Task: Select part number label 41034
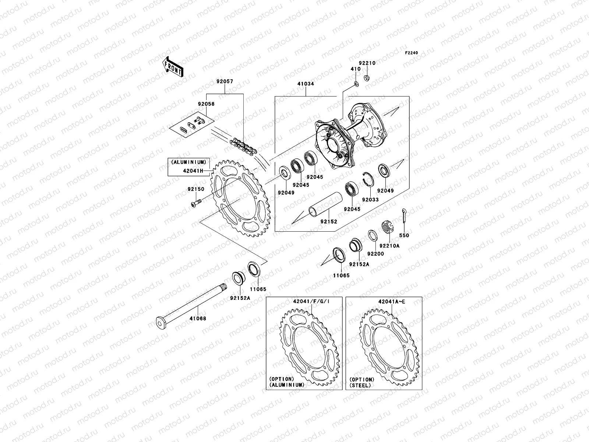click(306, 84)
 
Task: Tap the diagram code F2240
click(412, 53)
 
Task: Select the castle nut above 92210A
click(387, 226)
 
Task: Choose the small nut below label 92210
click(367, 78)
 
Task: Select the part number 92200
click(375, 254)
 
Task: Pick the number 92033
click(370, 200)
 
